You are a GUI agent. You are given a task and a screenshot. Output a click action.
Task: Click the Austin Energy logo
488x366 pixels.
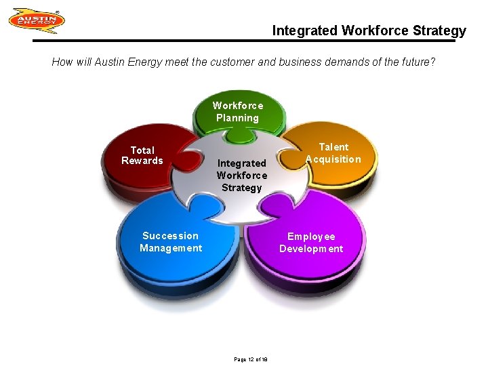point(37,21)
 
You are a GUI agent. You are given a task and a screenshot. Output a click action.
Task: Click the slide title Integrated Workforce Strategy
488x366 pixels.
point(369,30)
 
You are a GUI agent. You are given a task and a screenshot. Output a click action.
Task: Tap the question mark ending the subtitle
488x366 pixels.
point(433,62)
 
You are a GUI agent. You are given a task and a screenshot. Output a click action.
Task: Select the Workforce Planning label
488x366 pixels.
point(238,112)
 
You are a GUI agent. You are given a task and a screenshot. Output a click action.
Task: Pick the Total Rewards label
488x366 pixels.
point(142,155)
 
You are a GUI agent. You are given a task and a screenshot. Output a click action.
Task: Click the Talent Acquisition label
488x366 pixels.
point(333,153)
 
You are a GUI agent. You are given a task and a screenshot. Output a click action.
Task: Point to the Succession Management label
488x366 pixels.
point(171,242)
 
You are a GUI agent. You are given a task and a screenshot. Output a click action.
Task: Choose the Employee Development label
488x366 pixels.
point(311,243)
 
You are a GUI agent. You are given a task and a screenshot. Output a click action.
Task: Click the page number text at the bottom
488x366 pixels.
point(251,359)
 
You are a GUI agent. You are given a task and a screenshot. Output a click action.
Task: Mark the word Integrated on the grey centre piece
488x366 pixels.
point(242,163)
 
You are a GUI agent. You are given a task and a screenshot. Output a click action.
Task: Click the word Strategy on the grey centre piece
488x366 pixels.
point(242,188)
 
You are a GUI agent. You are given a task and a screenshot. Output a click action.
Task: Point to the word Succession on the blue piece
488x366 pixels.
point(171,236)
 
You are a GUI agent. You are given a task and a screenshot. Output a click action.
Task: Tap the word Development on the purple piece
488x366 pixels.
point(311,249)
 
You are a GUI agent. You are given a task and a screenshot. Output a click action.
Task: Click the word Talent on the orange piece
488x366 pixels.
point(333,147)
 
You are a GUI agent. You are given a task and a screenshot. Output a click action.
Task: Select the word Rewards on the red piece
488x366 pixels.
point(142,161)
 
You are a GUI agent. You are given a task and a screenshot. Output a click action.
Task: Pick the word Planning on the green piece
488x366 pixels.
point(238,118)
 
